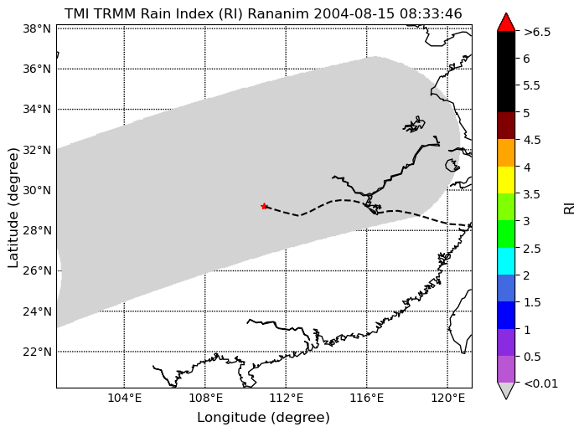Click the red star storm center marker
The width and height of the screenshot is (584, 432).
click(x=264, y=206)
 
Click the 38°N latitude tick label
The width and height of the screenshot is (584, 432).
click(x=37, y=28)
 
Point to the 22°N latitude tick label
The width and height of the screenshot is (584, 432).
click(x=37, y=352)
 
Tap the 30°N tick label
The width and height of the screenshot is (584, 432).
click(x=37, y=190)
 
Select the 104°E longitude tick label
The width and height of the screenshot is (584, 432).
click(x=124, y=399)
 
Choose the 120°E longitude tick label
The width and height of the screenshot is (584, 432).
click(x=448, y=399)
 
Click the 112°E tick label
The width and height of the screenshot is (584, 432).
click(x=286, y=399)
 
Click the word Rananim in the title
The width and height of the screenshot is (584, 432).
click(x=278, y=13)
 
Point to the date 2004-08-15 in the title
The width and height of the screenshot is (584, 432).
click(x=354, y=13)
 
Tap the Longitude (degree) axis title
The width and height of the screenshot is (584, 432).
click(x=263, y=418)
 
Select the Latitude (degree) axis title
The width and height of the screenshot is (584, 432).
click(x=13, y=208)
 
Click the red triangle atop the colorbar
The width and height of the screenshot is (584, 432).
click(x=506, y=22)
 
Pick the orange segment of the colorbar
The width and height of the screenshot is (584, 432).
click(x=506, y=152)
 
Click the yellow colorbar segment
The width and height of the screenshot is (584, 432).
click(x=506, y=180)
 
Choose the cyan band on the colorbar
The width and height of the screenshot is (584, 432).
click(x=506, y=261)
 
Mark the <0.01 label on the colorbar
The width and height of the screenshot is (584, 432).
click(x=540, y=383)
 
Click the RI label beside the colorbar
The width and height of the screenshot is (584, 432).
click(x=570, y=208)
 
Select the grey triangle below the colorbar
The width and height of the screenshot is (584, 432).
click(x=506, y=391)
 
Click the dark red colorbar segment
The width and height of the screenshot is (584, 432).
click(x=506, y=126)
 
